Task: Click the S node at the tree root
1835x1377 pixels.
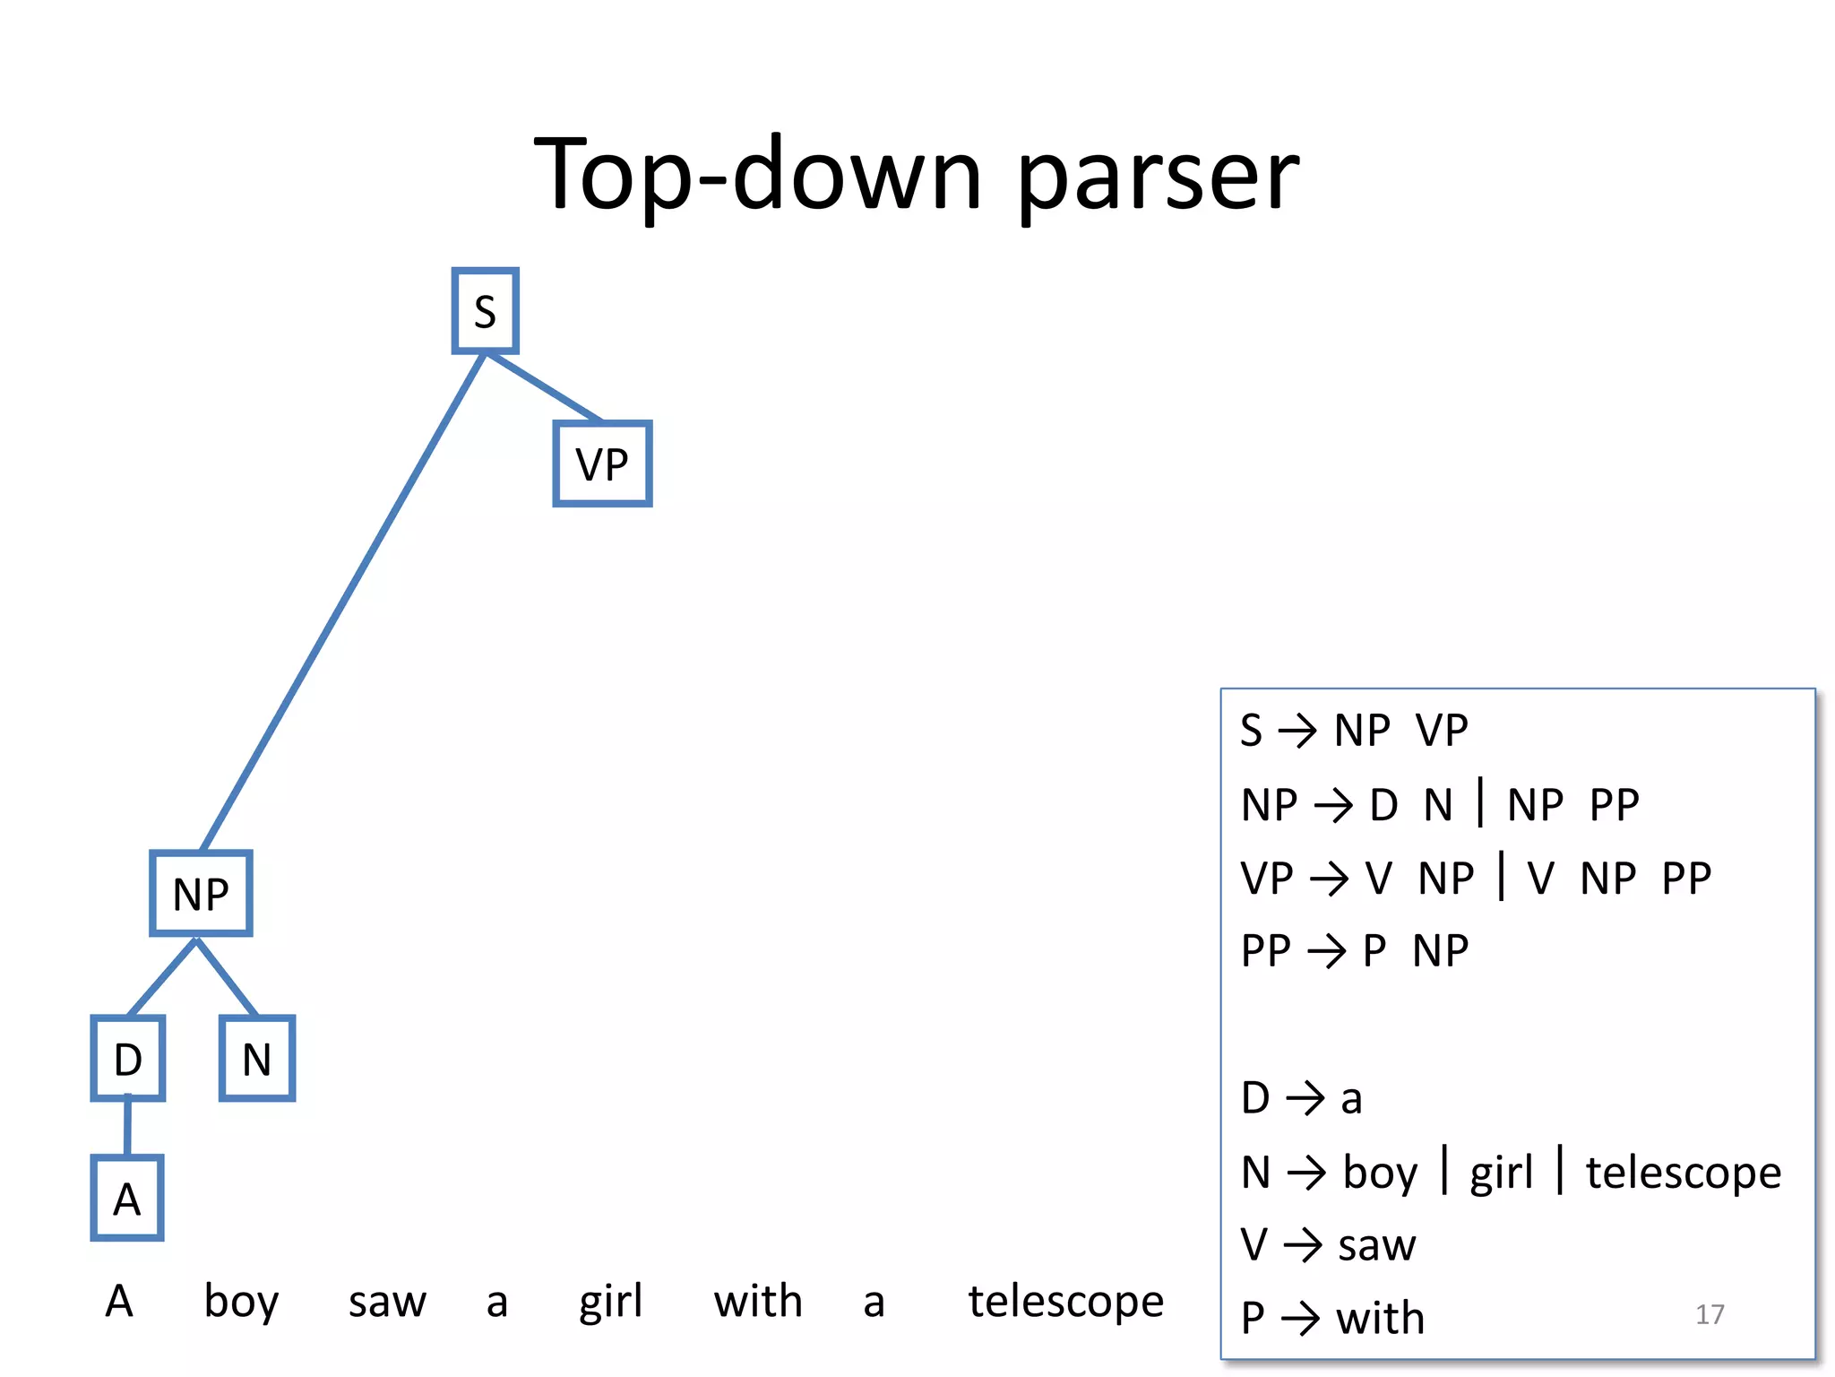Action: point(485,311)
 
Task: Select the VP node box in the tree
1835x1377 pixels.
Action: point(602,463)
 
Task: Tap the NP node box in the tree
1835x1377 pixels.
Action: point(201,893)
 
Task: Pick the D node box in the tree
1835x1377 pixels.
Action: point(128,1059)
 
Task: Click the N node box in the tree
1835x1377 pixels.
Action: point(257,1059)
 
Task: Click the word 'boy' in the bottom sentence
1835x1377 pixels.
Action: point(241,1301)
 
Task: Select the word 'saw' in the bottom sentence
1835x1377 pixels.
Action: point(387,1301)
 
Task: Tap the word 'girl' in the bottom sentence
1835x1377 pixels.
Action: point(610,1301)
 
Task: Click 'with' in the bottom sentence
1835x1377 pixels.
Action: point(758,1301)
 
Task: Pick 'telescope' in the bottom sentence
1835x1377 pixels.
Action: point(1065,1301)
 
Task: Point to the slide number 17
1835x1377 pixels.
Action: point(1710,1314)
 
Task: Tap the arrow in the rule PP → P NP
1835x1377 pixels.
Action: point(1327,951)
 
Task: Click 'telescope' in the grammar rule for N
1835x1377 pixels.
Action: point(1684,1173)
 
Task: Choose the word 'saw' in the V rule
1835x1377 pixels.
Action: point(1376,1245)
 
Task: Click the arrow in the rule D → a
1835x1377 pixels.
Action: point(1305,1098)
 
